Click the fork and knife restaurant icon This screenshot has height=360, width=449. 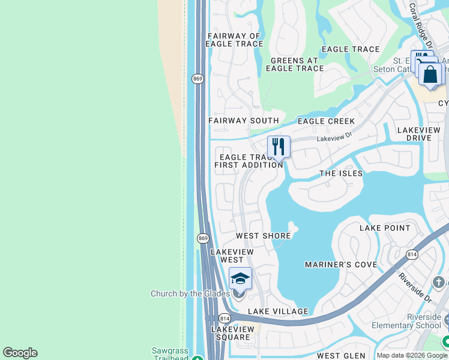pos(279,146)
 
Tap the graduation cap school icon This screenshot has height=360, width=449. pos(240,279)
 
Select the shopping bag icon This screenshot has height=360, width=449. pos(430,74)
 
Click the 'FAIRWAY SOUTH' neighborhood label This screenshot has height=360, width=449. pos(244,121)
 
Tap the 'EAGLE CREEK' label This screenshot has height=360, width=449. pos(326,121)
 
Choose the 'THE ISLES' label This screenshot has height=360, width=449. pos(341,173)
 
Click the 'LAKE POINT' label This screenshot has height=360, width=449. pos(385,228)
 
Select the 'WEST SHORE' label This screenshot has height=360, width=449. pos(263,236)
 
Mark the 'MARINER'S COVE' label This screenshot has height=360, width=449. pos(341,265)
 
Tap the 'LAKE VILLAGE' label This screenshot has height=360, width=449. pos(278,311)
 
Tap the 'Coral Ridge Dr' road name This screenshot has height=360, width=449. pos(420,25)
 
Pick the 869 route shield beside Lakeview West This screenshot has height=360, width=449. pos(203,238)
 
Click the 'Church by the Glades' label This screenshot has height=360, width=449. pos(190,293)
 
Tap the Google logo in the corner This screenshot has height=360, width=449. pos(20,353)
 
